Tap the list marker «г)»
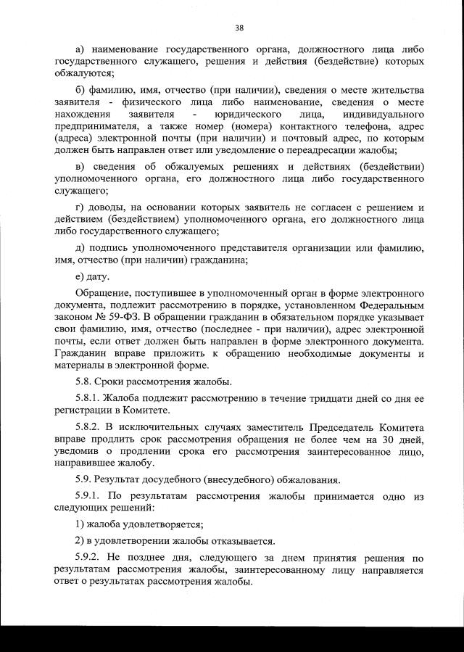pyautogui.click(x=80, y=208)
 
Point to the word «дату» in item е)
pyautogui.click(x=98, y=276)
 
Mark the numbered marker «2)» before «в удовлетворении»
pyautogui.click(x=80, y=541)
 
